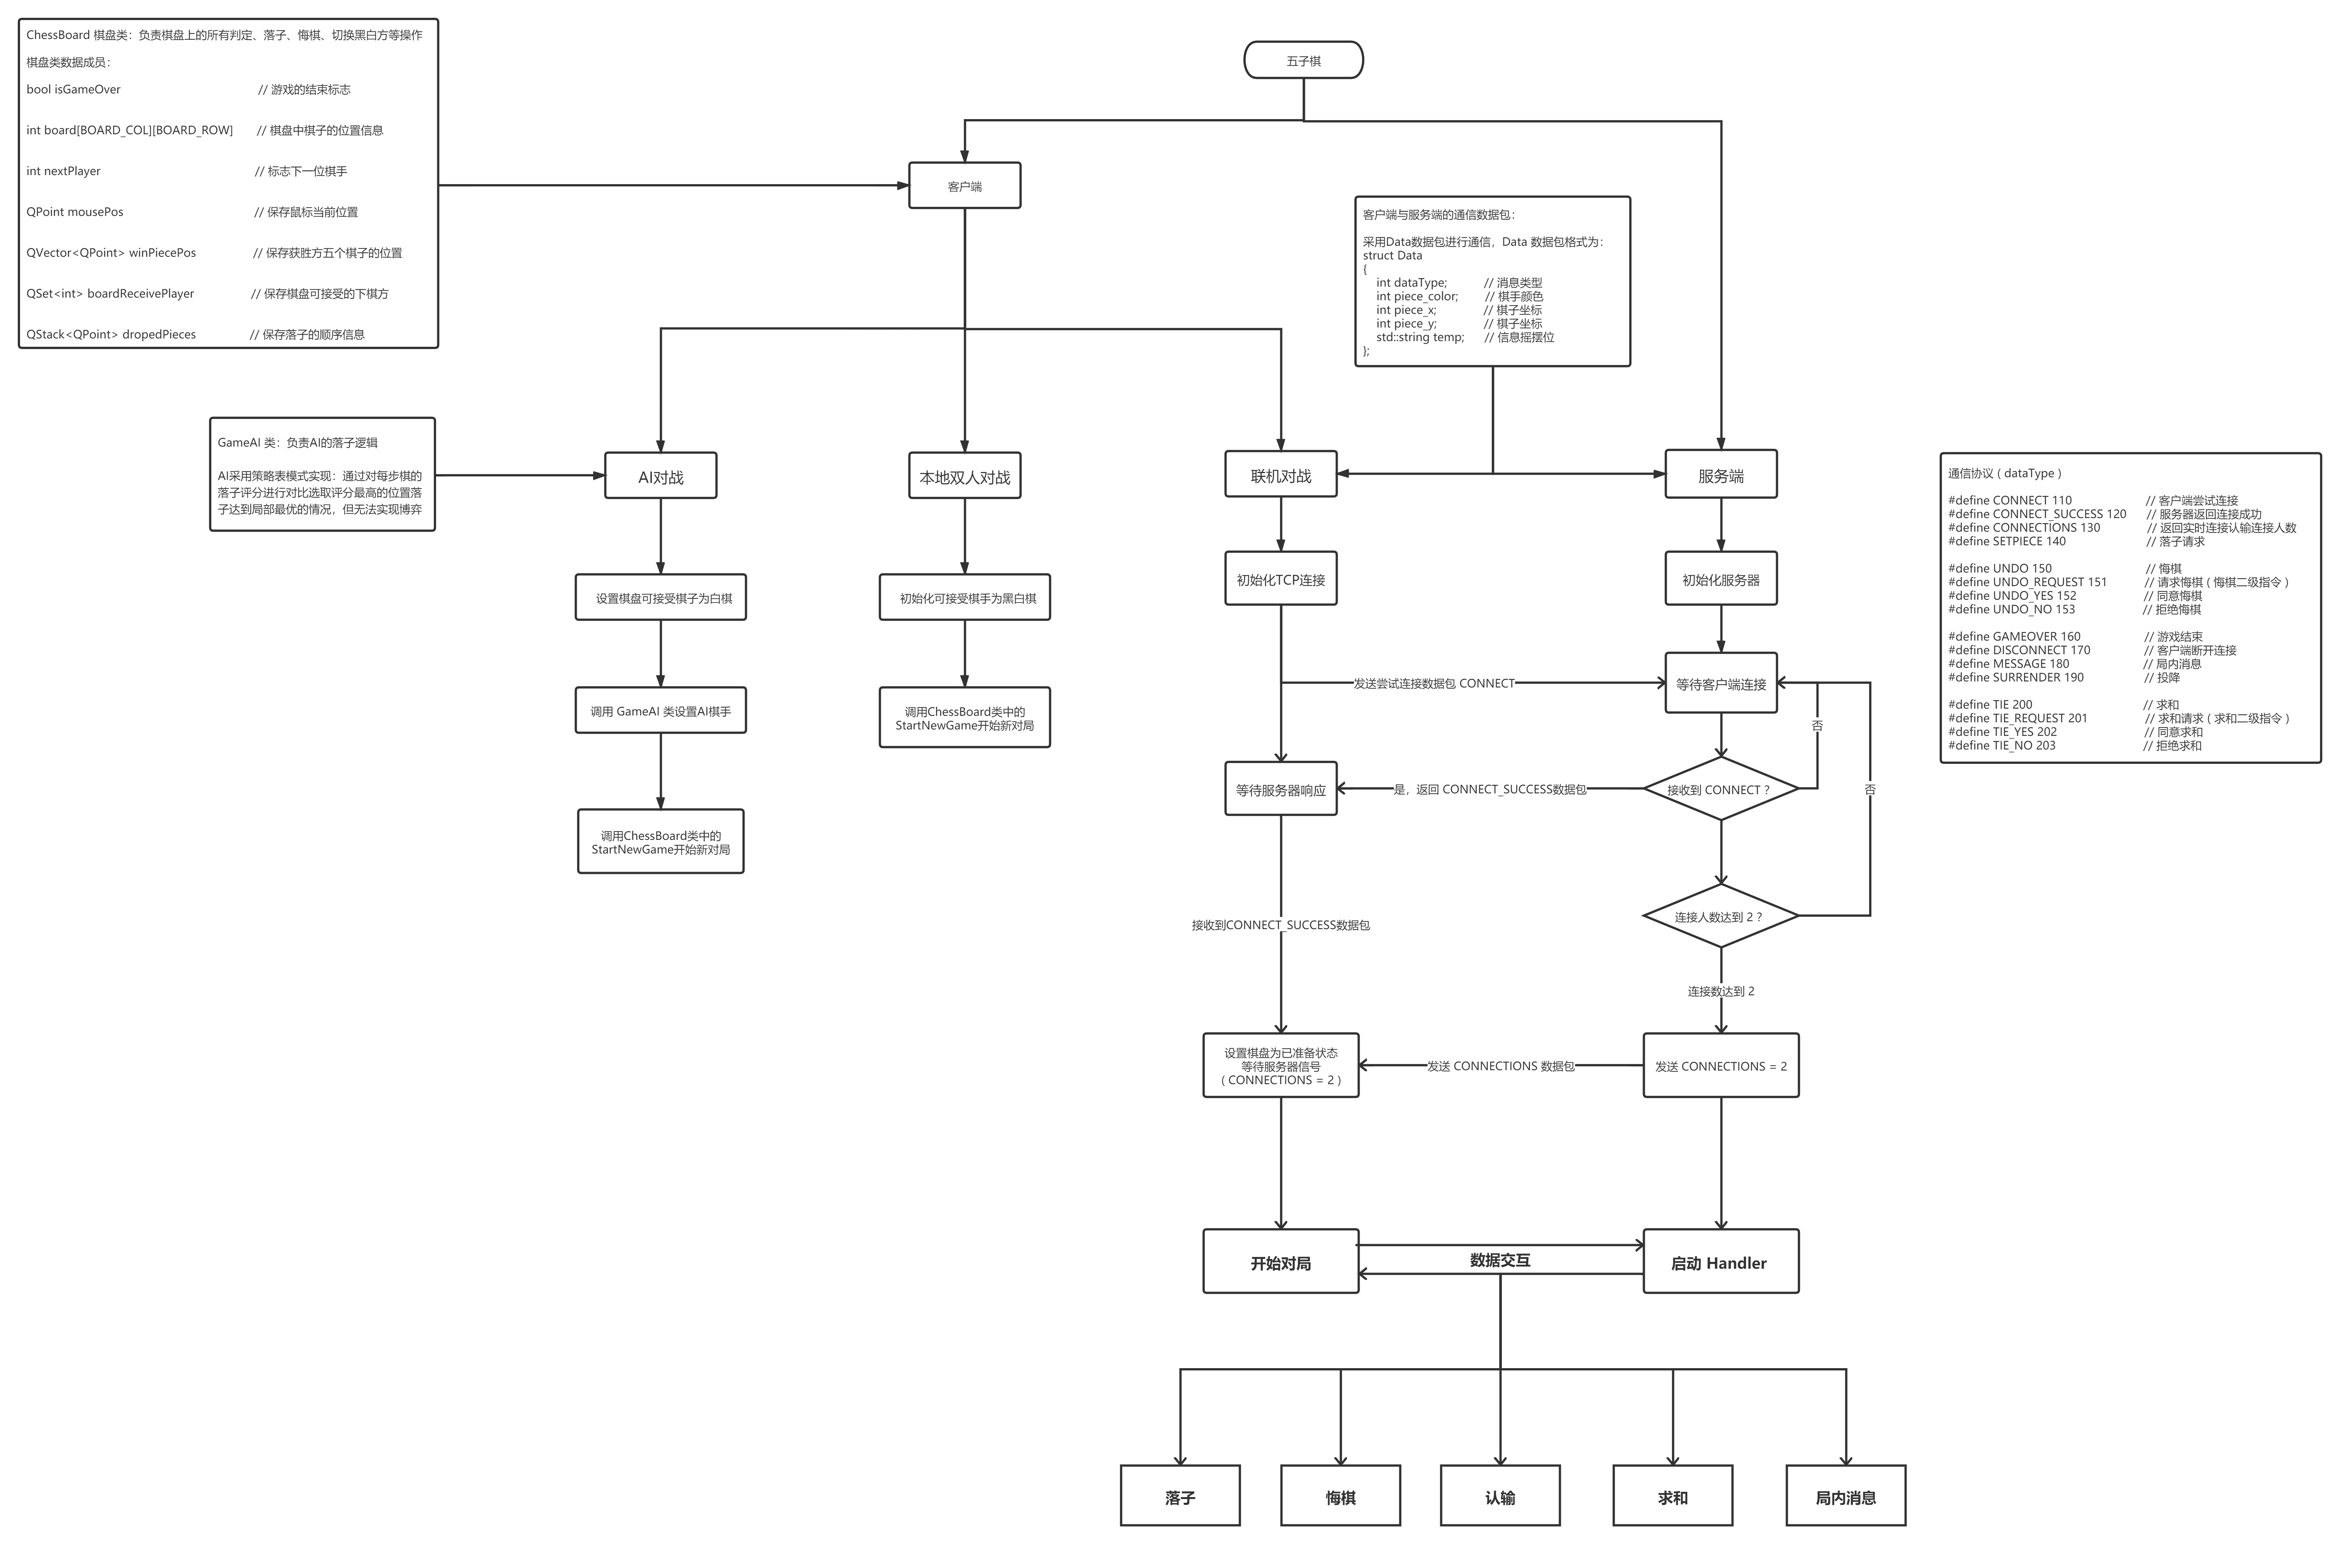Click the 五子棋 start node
(1303, 60)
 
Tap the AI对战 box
(660, 476)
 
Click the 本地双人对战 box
(964, 476)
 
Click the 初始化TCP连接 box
(1280, 579)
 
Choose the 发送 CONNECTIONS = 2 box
(1720, 1065)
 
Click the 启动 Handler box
(1720, 1262)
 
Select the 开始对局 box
(1280, 1262)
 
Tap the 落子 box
(1180, 1497)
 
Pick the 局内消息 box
(1846, 1497)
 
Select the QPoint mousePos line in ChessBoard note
(75, 212)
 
